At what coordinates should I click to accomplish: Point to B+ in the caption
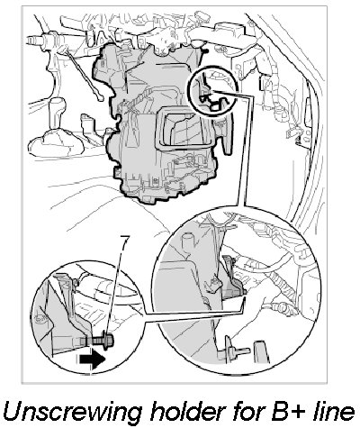283,411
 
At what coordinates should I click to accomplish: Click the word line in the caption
330,410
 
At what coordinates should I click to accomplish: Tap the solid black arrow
92,359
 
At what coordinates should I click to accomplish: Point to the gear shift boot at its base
57,144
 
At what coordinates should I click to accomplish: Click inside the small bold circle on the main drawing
212,91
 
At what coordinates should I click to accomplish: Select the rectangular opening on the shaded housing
184,128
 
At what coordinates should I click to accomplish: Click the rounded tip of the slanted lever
100,97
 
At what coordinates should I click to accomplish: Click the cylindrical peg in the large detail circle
187,242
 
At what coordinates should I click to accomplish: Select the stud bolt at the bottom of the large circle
237,351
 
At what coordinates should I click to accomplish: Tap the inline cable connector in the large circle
281,307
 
